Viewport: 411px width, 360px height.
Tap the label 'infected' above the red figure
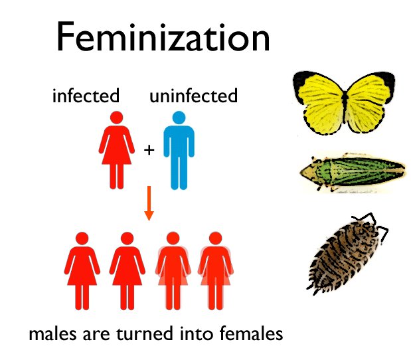click(86, 96)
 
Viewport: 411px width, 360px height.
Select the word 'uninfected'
click(193, 96)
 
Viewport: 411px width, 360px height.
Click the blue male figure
click(177, 149)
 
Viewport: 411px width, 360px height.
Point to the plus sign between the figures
click(149, 150)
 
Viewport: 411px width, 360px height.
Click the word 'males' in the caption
click(52, 333)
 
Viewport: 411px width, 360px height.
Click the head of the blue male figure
click(177, 118)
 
